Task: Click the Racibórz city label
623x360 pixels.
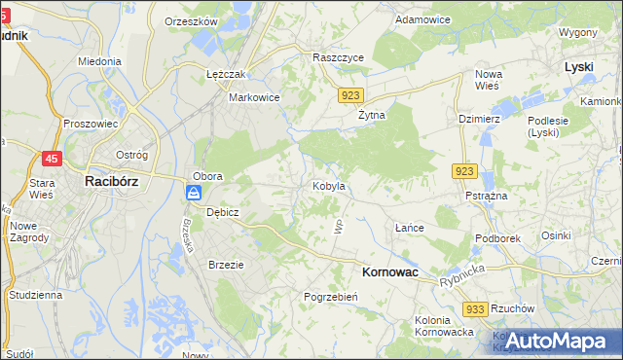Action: coord(115,180)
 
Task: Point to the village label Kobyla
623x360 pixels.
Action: coord(328,185)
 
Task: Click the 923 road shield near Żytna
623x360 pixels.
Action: coord(351,95)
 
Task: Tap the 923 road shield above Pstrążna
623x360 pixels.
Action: coord(463,171)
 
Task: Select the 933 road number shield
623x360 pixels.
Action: coord(475,308)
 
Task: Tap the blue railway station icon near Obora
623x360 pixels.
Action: coord(193,193)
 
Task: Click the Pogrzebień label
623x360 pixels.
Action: coord(332,297)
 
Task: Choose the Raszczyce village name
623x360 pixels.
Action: coord(338,57)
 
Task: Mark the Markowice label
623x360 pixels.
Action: coord(254,97)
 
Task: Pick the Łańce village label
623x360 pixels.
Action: coord(410,228)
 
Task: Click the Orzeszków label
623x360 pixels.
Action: coord(190,20)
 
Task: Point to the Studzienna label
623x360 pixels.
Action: coord(35,293)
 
